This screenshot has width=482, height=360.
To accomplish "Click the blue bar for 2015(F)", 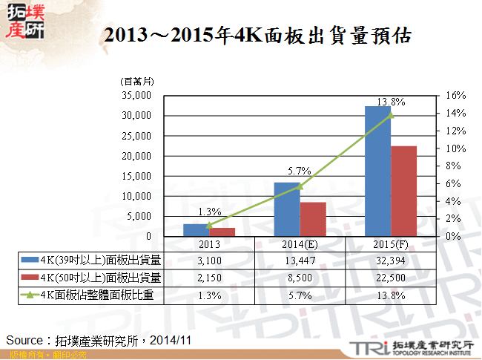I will click(x=378, y=171).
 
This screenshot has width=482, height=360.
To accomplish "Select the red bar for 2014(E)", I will click(x=313, y=219).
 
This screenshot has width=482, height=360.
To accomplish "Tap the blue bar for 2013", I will click(x=196, y=230).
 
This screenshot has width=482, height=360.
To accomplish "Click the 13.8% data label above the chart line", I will click(x=392, y=102).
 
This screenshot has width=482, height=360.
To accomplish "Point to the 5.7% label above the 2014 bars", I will click(x=300, y=171).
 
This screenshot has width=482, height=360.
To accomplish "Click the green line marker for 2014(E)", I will click(x=300, y=186).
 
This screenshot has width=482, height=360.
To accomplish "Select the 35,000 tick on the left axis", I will click(x=136, y=96).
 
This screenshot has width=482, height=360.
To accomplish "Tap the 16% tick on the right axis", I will click(x=455, y=96).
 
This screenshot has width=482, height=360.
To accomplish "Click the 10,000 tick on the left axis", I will click(x=136, y=197).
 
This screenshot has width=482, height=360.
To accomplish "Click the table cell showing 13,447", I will click(x=300, y=260).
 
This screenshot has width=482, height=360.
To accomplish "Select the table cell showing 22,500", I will click(x=391, y=277).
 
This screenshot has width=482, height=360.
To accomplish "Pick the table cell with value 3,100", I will click(x=209, y=260).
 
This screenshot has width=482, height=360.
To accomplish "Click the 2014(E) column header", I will click(x=300, y=243).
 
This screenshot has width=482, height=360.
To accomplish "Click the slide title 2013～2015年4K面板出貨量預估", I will click(x=257, y=36).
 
